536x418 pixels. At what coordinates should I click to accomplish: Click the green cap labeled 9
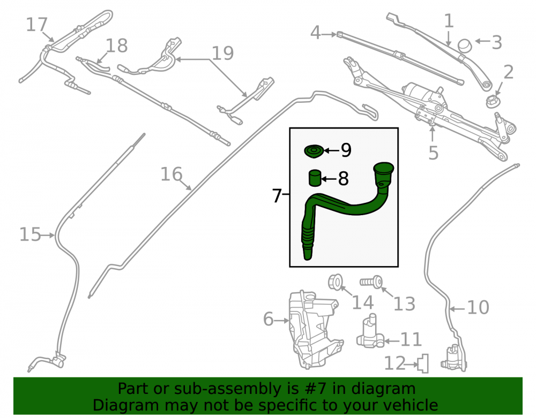[x=314, y=151]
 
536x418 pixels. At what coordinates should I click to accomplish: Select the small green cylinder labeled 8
[x=315, y=178]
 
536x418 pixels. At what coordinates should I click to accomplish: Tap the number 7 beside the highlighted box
[x=277, y=196]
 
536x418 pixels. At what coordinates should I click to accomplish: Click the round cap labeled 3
[x=465, y=45]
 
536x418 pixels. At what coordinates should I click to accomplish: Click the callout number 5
[x=434, y=153]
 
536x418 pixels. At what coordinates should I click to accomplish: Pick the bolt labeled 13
[x=371, y=282]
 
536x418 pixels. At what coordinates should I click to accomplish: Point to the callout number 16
[x=172, y=174]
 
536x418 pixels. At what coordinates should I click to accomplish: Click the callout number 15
[x=30, y=235]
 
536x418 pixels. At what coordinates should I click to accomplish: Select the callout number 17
[x=36, y=25]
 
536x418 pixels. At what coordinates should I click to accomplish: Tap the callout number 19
[x=222, y=53]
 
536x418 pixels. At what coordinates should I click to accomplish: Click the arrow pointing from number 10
[x=457, y=309]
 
